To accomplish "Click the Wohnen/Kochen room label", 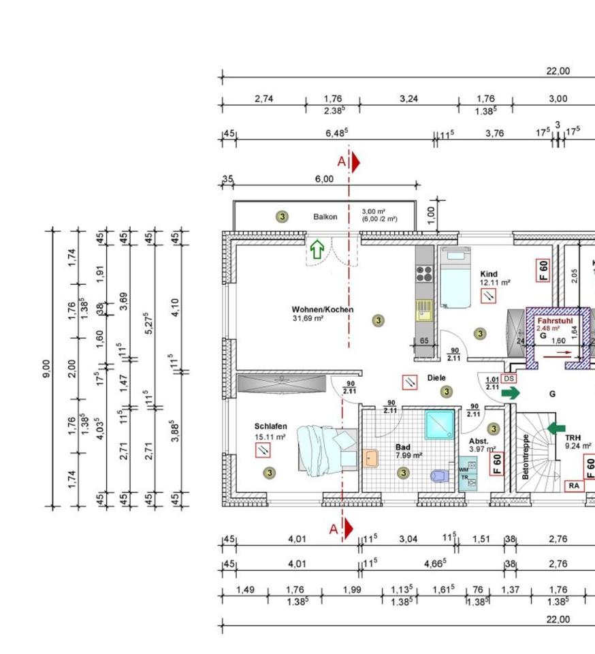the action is (323, 309).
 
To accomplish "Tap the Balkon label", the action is (325, 217).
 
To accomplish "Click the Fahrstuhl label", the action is (555, 320).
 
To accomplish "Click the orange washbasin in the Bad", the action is (370, 457).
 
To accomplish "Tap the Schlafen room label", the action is (271, 426).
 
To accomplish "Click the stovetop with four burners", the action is (425, 274).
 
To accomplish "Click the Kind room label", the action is (489, 274).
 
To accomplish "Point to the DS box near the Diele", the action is (509, 378).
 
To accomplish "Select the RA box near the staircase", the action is (575, 486).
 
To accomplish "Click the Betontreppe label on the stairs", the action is (525, 456).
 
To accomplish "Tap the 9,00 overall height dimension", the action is (46, 369).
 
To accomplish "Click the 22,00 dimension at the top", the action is (558, 71).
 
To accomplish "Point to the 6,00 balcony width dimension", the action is (324, 179).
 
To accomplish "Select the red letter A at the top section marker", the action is (342, 161).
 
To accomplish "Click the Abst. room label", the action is (478, 441).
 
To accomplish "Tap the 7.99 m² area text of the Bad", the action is (409, 456).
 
